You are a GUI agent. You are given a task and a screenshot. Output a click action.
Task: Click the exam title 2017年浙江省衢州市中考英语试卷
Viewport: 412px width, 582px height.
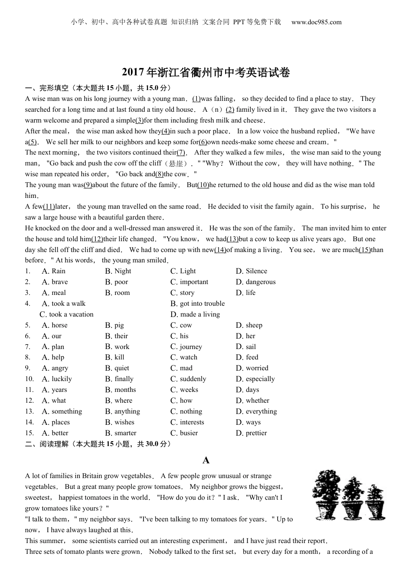206,73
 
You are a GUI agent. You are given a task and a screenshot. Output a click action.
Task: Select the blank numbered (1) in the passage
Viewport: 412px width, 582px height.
196,99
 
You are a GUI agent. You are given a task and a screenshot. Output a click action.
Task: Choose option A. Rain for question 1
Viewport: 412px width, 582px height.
54,271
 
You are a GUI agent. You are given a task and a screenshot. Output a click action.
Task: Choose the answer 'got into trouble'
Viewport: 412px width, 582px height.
198,304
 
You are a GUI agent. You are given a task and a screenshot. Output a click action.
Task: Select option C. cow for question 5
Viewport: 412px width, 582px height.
181,325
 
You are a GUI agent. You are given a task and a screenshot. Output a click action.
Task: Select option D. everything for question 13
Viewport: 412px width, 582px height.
256,411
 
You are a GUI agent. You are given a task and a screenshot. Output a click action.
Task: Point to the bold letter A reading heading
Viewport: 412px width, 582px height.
206,460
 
